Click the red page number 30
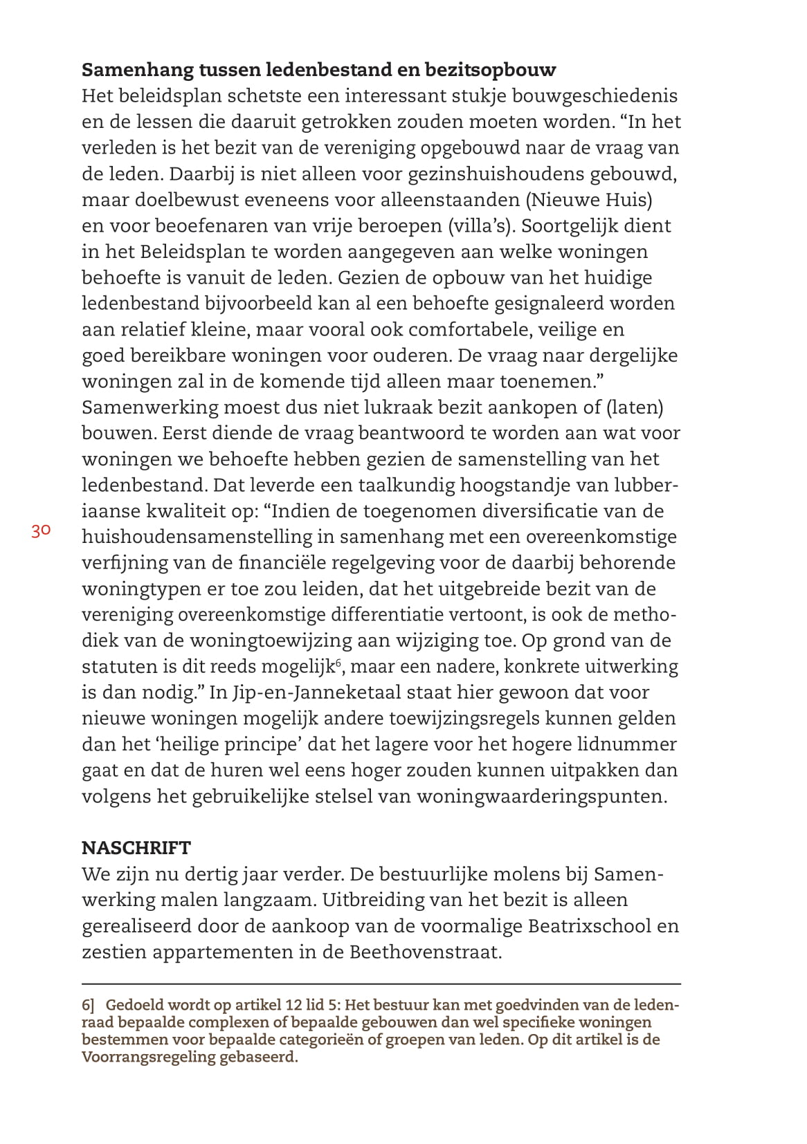point(41,531)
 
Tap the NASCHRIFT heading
point(136,848)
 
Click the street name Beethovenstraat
point(424,952)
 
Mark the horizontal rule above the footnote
point(381,984)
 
